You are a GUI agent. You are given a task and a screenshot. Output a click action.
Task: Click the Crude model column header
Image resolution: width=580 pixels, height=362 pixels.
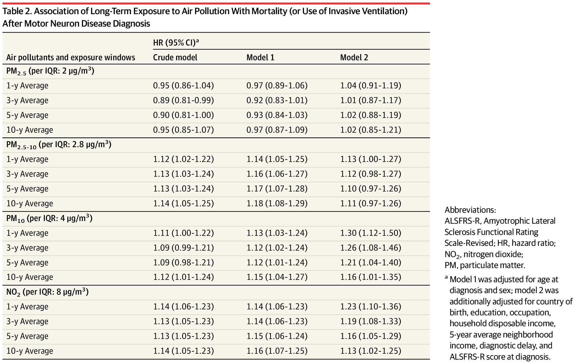[x=175, y=57]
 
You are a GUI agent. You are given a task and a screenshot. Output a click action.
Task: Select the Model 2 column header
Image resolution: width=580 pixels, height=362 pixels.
[x=354, y=57]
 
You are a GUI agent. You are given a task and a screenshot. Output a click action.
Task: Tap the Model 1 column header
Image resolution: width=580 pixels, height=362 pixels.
[x=260, y=57]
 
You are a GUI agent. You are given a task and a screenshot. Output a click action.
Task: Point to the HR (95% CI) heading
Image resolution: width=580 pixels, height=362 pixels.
[x=176, y=43]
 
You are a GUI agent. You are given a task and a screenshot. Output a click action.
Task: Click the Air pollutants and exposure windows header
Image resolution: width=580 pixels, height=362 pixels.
[x=71, y=57]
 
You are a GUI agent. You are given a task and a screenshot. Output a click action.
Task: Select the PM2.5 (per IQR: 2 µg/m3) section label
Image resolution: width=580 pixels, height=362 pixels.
[x=50, y=71]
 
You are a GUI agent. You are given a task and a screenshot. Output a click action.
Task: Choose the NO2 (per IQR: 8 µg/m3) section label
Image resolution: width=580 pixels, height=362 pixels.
[x=48, y=292]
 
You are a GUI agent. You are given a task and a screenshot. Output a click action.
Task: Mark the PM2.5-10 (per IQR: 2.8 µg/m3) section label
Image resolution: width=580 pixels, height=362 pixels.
[x=59, y=145]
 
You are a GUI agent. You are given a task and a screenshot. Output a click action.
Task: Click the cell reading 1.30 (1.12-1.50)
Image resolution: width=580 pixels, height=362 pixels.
[x=371, y=233]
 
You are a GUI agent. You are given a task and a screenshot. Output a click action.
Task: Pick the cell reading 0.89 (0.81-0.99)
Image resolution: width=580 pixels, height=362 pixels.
[x=183, y=100]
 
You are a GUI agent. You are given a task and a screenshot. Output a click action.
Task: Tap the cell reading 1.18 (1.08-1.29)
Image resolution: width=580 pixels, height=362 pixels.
[x=277, y=204]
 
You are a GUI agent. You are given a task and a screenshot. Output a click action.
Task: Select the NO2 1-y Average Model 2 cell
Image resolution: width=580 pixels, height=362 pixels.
[x=371, y=307]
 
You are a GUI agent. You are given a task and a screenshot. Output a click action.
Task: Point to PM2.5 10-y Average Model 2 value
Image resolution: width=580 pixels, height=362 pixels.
[x=371, y=130]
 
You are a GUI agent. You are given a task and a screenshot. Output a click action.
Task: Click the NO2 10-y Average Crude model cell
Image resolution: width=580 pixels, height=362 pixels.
[x=183, y=351]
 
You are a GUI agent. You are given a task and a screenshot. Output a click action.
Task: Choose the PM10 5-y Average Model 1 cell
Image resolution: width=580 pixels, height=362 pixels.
[x=277, y=263]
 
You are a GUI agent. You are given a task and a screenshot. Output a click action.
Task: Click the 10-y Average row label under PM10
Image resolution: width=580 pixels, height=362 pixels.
[x=30, y=277]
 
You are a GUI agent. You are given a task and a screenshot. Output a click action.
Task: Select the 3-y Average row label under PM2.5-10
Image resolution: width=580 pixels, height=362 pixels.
[x=27, y=174]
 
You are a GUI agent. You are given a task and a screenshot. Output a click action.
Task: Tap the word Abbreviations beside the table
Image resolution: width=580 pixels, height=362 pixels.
[x=470, y=210]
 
